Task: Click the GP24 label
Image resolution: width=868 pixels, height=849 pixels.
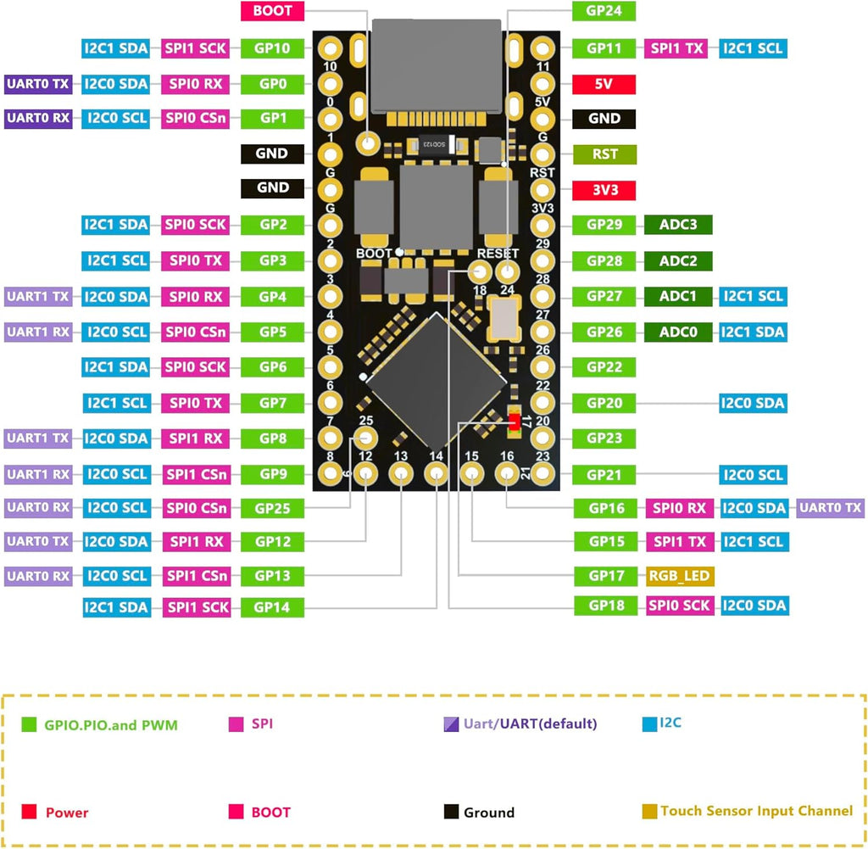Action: coord(604,11)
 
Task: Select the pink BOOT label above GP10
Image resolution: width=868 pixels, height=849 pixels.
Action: coord(272,11)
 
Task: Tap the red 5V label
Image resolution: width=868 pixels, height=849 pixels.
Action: coord(604,84)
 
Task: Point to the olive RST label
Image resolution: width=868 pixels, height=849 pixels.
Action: coord(604,154)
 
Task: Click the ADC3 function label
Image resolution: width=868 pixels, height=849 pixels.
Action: coord(678,225)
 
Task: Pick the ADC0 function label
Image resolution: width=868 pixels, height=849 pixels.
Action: coord(678,332)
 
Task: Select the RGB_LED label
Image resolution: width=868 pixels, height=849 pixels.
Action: coord(679,576)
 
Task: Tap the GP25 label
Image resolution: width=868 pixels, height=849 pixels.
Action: coord(272,508)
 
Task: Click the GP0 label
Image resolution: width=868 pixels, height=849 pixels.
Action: coord(272,84)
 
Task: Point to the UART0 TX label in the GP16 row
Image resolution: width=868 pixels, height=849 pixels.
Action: coord(831,508)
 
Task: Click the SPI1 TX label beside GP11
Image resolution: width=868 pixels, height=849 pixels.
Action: coord(676,48)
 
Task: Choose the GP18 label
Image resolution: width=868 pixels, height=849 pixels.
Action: coord(605,606)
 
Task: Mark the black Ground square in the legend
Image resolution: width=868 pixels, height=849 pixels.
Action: coord(451,812)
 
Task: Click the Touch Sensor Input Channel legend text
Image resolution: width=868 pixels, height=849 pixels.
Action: coord(756,812)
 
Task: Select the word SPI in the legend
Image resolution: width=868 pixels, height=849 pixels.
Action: coord(262,723)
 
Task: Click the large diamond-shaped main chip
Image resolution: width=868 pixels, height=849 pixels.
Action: coord(437,381)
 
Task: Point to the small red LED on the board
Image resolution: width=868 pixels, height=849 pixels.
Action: coord(515,422)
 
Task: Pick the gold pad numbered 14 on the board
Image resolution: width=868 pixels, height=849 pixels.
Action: coord(437,473)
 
